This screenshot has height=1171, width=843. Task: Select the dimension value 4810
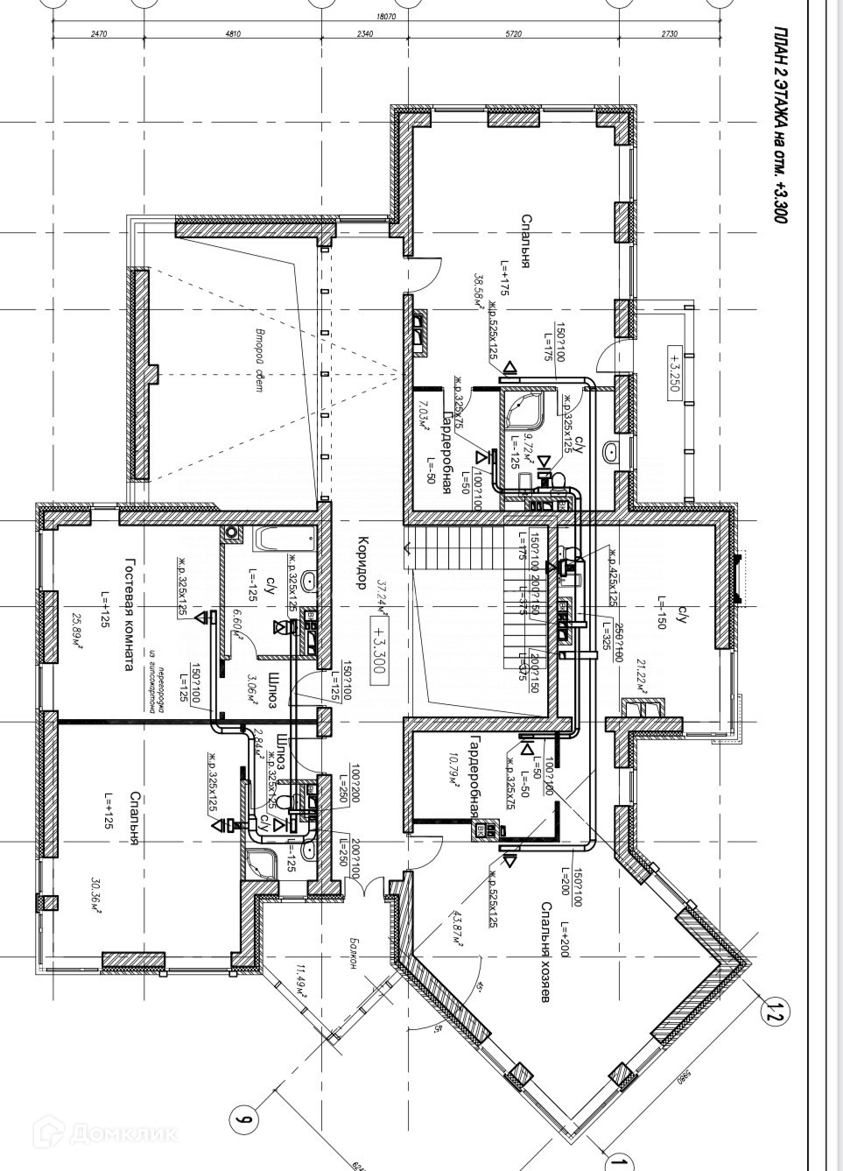pos(232,33)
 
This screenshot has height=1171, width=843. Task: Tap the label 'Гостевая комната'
pos(129,615)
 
